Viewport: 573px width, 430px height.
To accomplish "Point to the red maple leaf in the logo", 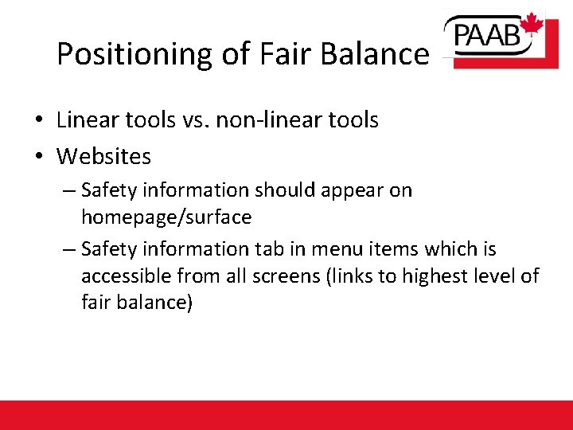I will (x=532, y=24).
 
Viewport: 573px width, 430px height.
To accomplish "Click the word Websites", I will (x=103, y=156).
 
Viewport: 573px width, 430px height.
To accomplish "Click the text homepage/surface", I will (x=166, y=217).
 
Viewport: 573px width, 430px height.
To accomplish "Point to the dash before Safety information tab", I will (x=68, y=250).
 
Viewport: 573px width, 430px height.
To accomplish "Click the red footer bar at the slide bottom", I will (x=286, y=415).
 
